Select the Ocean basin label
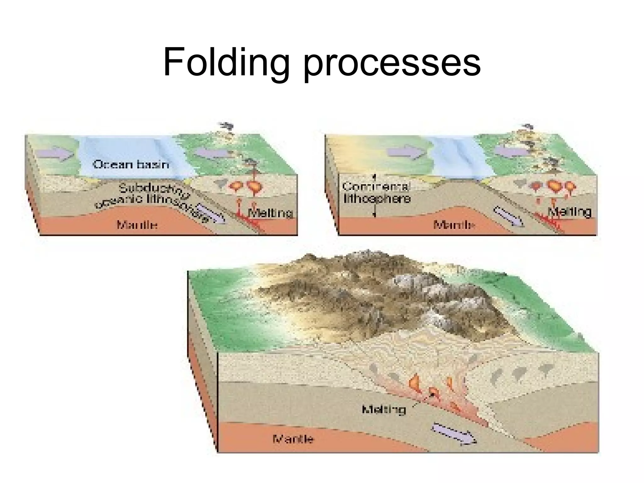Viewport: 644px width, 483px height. [130, 164]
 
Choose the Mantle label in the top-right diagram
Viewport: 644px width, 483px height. [454, 225]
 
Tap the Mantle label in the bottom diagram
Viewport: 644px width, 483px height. [293, 439]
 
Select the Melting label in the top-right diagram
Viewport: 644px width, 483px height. [569, 212]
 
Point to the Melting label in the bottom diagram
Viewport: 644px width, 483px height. [384, 410]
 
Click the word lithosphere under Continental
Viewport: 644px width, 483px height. [377, 199]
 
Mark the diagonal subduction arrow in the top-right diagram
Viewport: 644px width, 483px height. [509, 216]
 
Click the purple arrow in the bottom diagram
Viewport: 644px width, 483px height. [454, 434]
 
